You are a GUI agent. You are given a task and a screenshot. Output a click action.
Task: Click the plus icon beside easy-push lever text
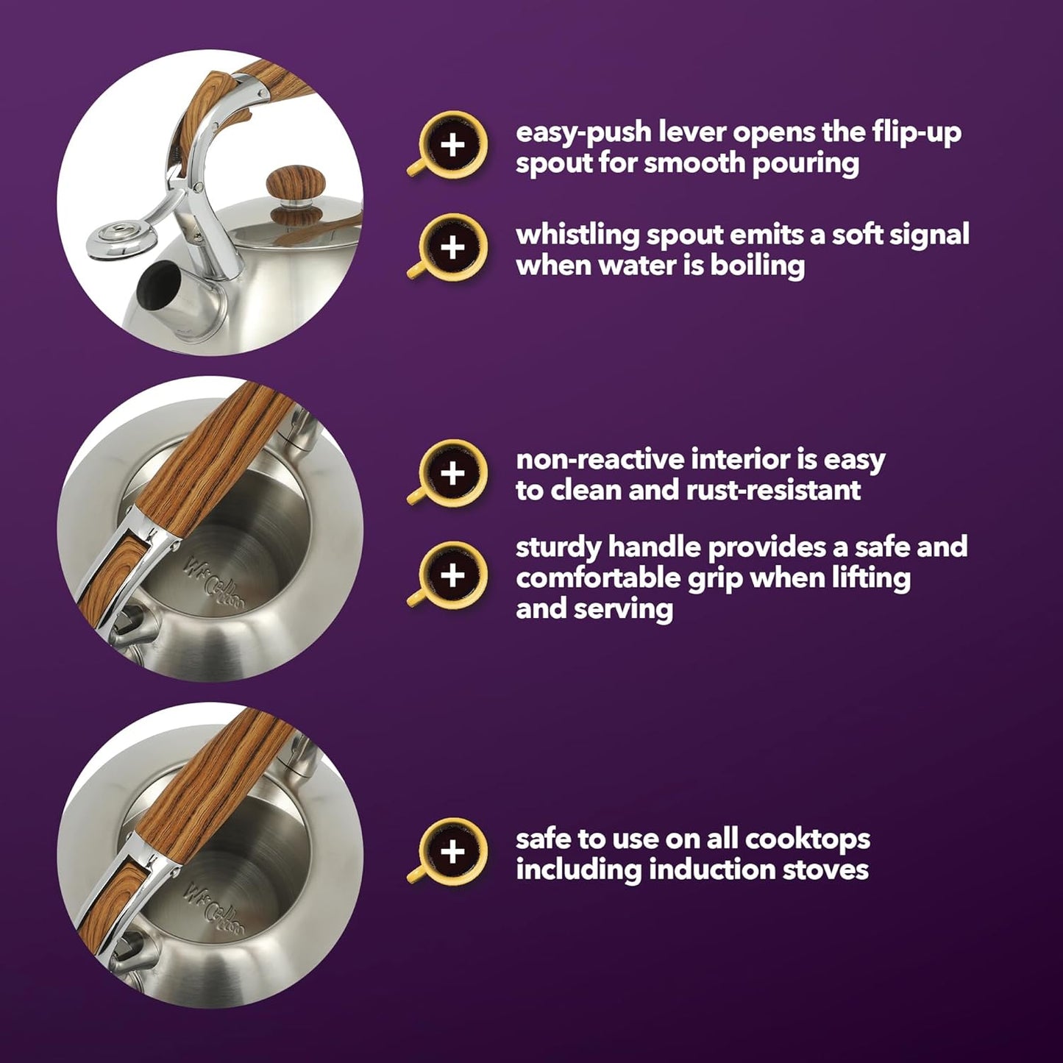[x=452, y=146]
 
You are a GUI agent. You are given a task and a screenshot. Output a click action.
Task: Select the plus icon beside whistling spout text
[x=452, y=248]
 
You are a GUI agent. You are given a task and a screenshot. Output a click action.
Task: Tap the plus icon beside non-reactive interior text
[x=452, y=473]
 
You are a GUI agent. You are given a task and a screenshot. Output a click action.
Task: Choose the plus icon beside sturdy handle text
[x=452, y=575]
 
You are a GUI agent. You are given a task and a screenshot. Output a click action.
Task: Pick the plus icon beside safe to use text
[x=452, y=853]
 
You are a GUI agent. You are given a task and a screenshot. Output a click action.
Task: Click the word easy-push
[x=583, y=133]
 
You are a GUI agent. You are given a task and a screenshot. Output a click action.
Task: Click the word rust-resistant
[x=774, y=490]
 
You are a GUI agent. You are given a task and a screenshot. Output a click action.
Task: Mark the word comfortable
[x=598, y=578]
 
